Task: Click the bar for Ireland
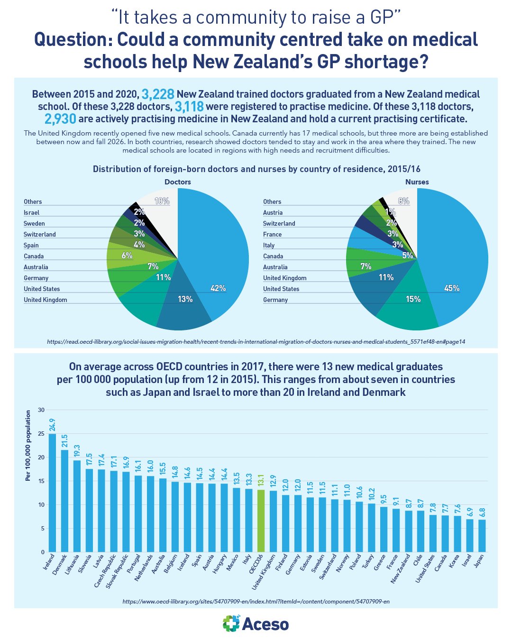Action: (x=52, y=493)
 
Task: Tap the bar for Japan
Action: (x=482, y=536)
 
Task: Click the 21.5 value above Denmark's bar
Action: (x=65, y=441)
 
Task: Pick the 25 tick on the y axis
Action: (x=41, y=434)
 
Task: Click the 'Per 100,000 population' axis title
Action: (x=28, y=446)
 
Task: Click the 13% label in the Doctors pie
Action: (x=185, y=299)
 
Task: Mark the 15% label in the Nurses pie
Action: (x=413, y=299)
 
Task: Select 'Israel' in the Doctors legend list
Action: (x=32, y=213)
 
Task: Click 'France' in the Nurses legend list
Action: (x=272, y=234)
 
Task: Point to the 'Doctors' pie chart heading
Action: (x=178, y=182)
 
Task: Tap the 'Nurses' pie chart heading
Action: (x=417, y=182)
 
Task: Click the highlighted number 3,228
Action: (x=158, y=94)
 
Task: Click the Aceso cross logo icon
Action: (x=231, y=623)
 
